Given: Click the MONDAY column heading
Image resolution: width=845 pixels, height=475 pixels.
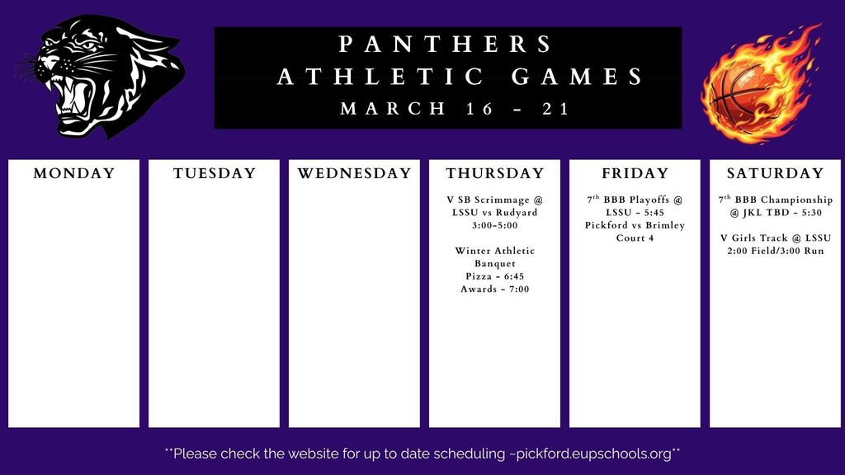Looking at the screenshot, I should coord(73,173).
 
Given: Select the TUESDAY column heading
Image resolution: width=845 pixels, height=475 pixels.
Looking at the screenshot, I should coord(215,173).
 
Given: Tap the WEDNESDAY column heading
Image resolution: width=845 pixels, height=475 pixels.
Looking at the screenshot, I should coord(354,173).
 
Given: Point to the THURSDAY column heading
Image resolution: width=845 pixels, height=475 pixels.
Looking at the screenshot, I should coord(495,173).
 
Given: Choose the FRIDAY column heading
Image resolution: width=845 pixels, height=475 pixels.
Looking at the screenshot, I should coord(635,173).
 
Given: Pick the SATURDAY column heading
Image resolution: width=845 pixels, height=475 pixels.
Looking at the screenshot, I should coord(775,173).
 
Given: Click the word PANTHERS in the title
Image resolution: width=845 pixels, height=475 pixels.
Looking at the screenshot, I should coord(447,44).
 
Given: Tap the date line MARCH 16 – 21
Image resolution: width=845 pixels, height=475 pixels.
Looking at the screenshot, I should coord(456,109).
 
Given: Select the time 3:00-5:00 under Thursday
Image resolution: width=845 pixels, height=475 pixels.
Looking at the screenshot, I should coord(495,225).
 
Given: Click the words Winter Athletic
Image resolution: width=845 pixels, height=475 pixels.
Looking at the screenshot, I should coord(495,251).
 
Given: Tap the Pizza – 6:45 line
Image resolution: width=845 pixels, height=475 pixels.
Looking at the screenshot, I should coord(495,276).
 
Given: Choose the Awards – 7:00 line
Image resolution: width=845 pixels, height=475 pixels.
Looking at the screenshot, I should coord(495,289).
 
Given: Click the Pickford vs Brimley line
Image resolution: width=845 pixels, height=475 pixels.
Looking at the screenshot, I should coord(635,225).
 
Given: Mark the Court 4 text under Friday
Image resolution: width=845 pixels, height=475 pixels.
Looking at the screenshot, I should coord(635,238).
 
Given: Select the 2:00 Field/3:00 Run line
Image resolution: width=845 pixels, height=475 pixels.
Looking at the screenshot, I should coord(775,251).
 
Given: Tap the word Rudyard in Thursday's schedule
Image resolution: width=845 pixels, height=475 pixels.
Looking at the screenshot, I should coord(517,212).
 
